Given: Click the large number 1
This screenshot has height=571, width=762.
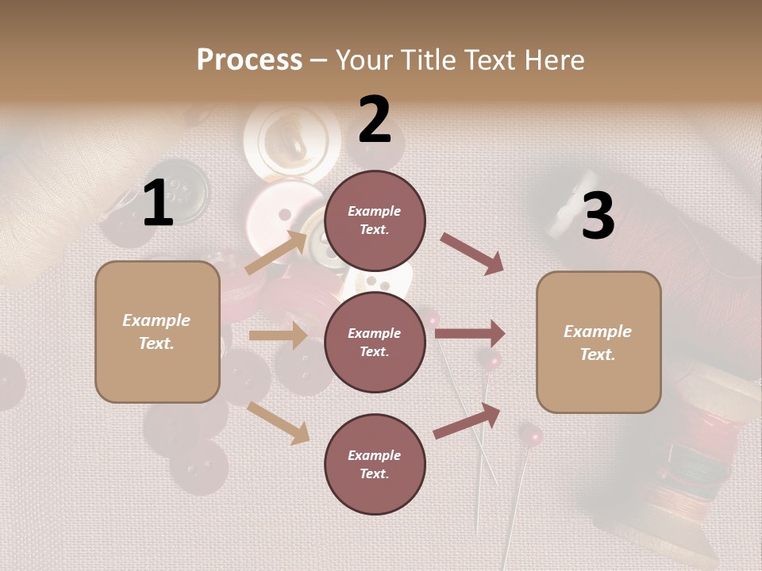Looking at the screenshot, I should coord(158,204).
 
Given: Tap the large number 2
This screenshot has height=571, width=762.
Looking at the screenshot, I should coord(375,120).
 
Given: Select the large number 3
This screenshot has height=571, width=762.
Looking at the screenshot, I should coord(598,216).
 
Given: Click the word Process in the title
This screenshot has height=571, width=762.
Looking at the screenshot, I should coord(249,59).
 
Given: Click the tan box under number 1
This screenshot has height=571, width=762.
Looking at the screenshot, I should coord(157,331).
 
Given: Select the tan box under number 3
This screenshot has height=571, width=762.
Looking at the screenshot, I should coord(598,342).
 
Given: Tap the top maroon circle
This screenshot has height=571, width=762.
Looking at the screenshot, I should coord(375,220).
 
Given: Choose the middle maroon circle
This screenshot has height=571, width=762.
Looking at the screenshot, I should coord(375,342).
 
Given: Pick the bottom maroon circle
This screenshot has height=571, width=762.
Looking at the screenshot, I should coord(375,464).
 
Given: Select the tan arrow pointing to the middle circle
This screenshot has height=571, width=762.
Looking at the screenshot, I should coord(278,335).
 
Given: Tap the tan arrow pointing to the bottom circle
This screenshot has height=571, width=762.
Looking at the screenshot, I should coord(278,423).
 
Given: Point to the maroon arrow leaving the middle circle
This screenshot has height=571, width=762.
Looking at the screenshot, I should coord(470,334).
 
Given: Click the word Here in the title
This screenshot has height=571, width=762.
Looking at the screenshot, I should coord(554,59).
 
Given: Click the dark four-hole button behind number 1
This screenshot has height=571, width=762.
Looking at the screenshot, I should coord(182,190).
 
